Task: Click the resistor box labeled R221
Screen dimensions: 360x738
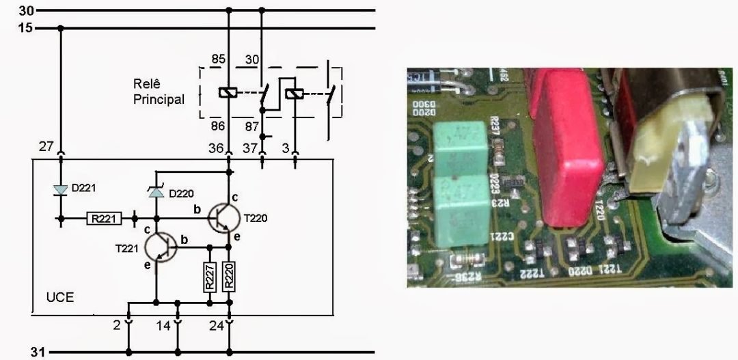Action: [105, 219]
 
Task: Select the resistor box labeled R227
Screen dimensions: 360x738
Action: [211, 279]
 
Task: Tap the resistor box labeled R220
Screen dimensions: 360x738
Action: [229, 279]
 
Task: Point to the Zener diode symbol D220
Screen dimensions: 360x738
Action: [156, 194]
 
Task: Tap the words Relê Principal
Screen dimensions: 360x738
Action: [159, 91]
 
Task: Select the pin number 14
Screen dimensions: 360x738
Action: [163, 327]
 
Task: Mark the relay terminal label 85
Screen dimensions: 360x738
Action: [218, 60]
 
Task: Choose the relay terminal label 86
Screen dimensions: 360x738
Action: [218, 125]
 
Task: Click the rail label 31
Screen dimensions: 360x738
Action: [38, 352]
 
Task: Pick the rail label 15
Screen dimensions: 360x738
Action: [25, 28]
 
